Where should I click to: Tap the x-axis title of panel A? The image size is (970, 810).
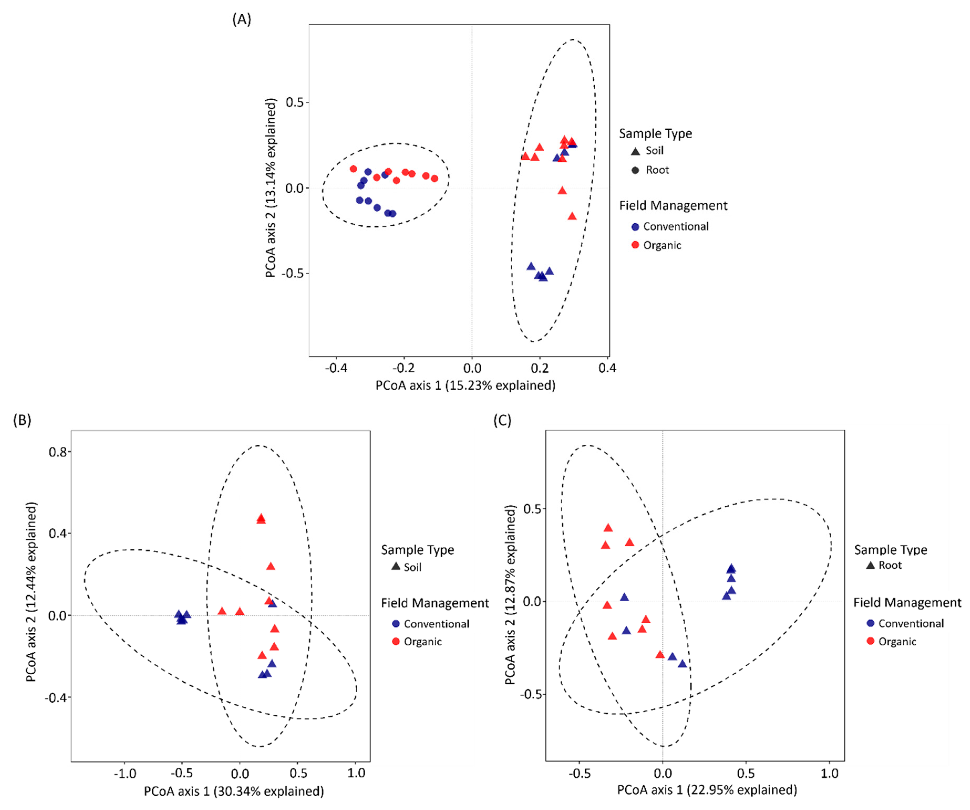pos(465,385)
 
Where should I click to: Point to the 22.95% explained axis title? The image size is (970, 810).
pos(707,790)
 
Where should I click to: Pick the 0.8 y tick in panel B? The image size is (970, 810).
pos(58,452)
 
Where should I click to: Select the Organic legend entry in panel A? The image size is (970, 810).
pos(662,245)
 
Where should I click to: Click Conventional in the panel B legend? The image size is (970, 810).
pos(436,624)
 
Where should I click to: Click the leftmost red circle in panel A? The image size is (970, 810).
pos(353,169)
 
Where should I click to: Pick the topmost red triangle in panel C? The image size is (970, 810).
pos(608,528)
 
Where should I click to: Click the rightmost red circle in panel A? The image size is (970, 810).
pos(434,178)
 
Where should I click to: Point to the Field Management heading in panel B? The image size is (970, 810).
pos(435,603)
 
